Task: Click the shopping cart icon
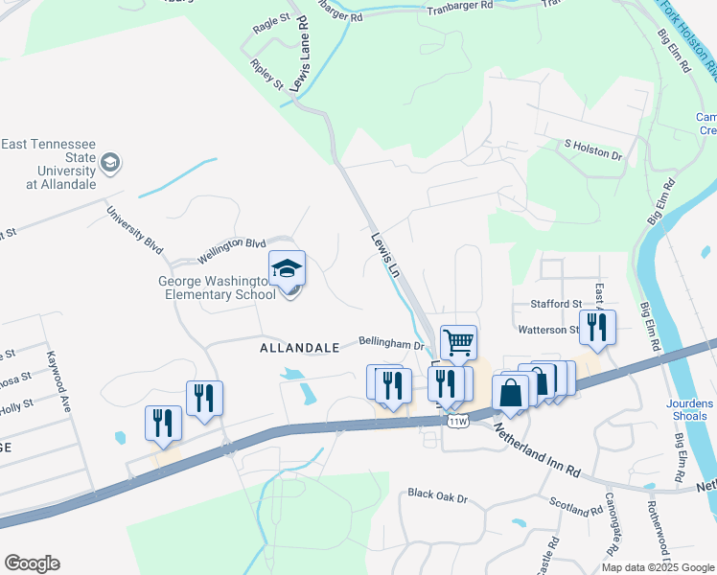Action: pos(459,341)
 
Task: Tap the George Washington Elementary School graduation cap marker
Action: pos(287,268)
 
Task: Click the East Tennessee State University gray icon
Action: pos(110,163)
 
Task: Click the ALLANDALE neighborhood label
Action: pos(299,349)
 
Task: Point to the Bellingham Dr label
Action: pos(391,342)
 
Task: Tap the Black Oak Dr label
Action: pos(436,496)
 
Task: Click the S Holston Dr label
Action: pos(593,150)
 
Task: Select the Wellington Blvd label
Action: pos(231,250)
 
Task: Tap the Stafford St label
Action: pos(556,304)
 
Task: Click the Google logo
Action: pos(32,563)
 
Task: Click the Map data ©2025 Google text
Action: pos(657,566)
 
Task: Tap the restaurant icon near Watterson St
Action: pos(597,326)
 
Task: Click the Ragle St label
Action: pos(271,25)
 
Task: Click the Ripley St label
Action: pos(267,75)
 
